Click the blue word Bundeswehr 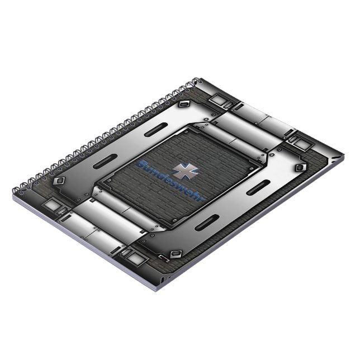click(170, 181)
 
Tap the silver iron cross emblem click(186, 171)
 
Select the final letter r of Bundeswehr click(201, 198)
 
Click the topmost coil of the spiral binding click(196, 82)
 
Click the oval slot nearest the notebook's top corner click(156, 130)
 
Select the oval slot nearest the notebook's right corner click(258, 187)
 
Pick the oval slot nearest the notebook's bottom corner click(207, 222)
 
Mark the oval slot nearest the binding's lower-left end click(105, 162)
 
